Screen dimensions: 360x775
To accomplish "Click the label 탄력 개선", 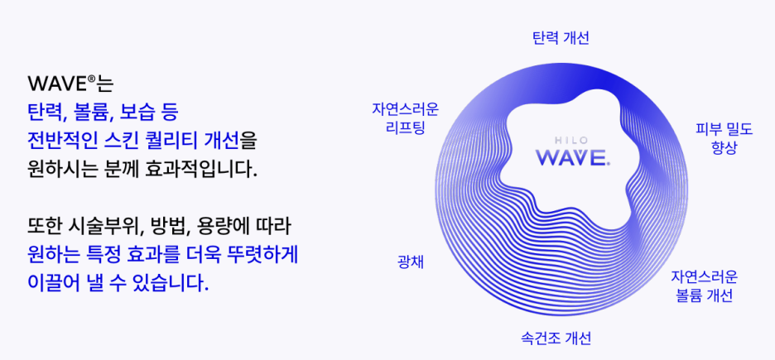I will click(561, 38).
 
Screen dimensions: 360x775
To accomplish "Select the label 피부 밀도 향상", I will click(724, 137).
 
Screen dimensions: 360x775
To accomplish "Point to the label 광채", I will click(411, 262).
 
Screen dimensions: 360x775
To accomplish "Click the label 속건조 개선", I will click(556, 338).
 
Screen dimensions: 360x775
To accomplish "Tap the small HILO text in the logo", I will click(572, 139).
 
